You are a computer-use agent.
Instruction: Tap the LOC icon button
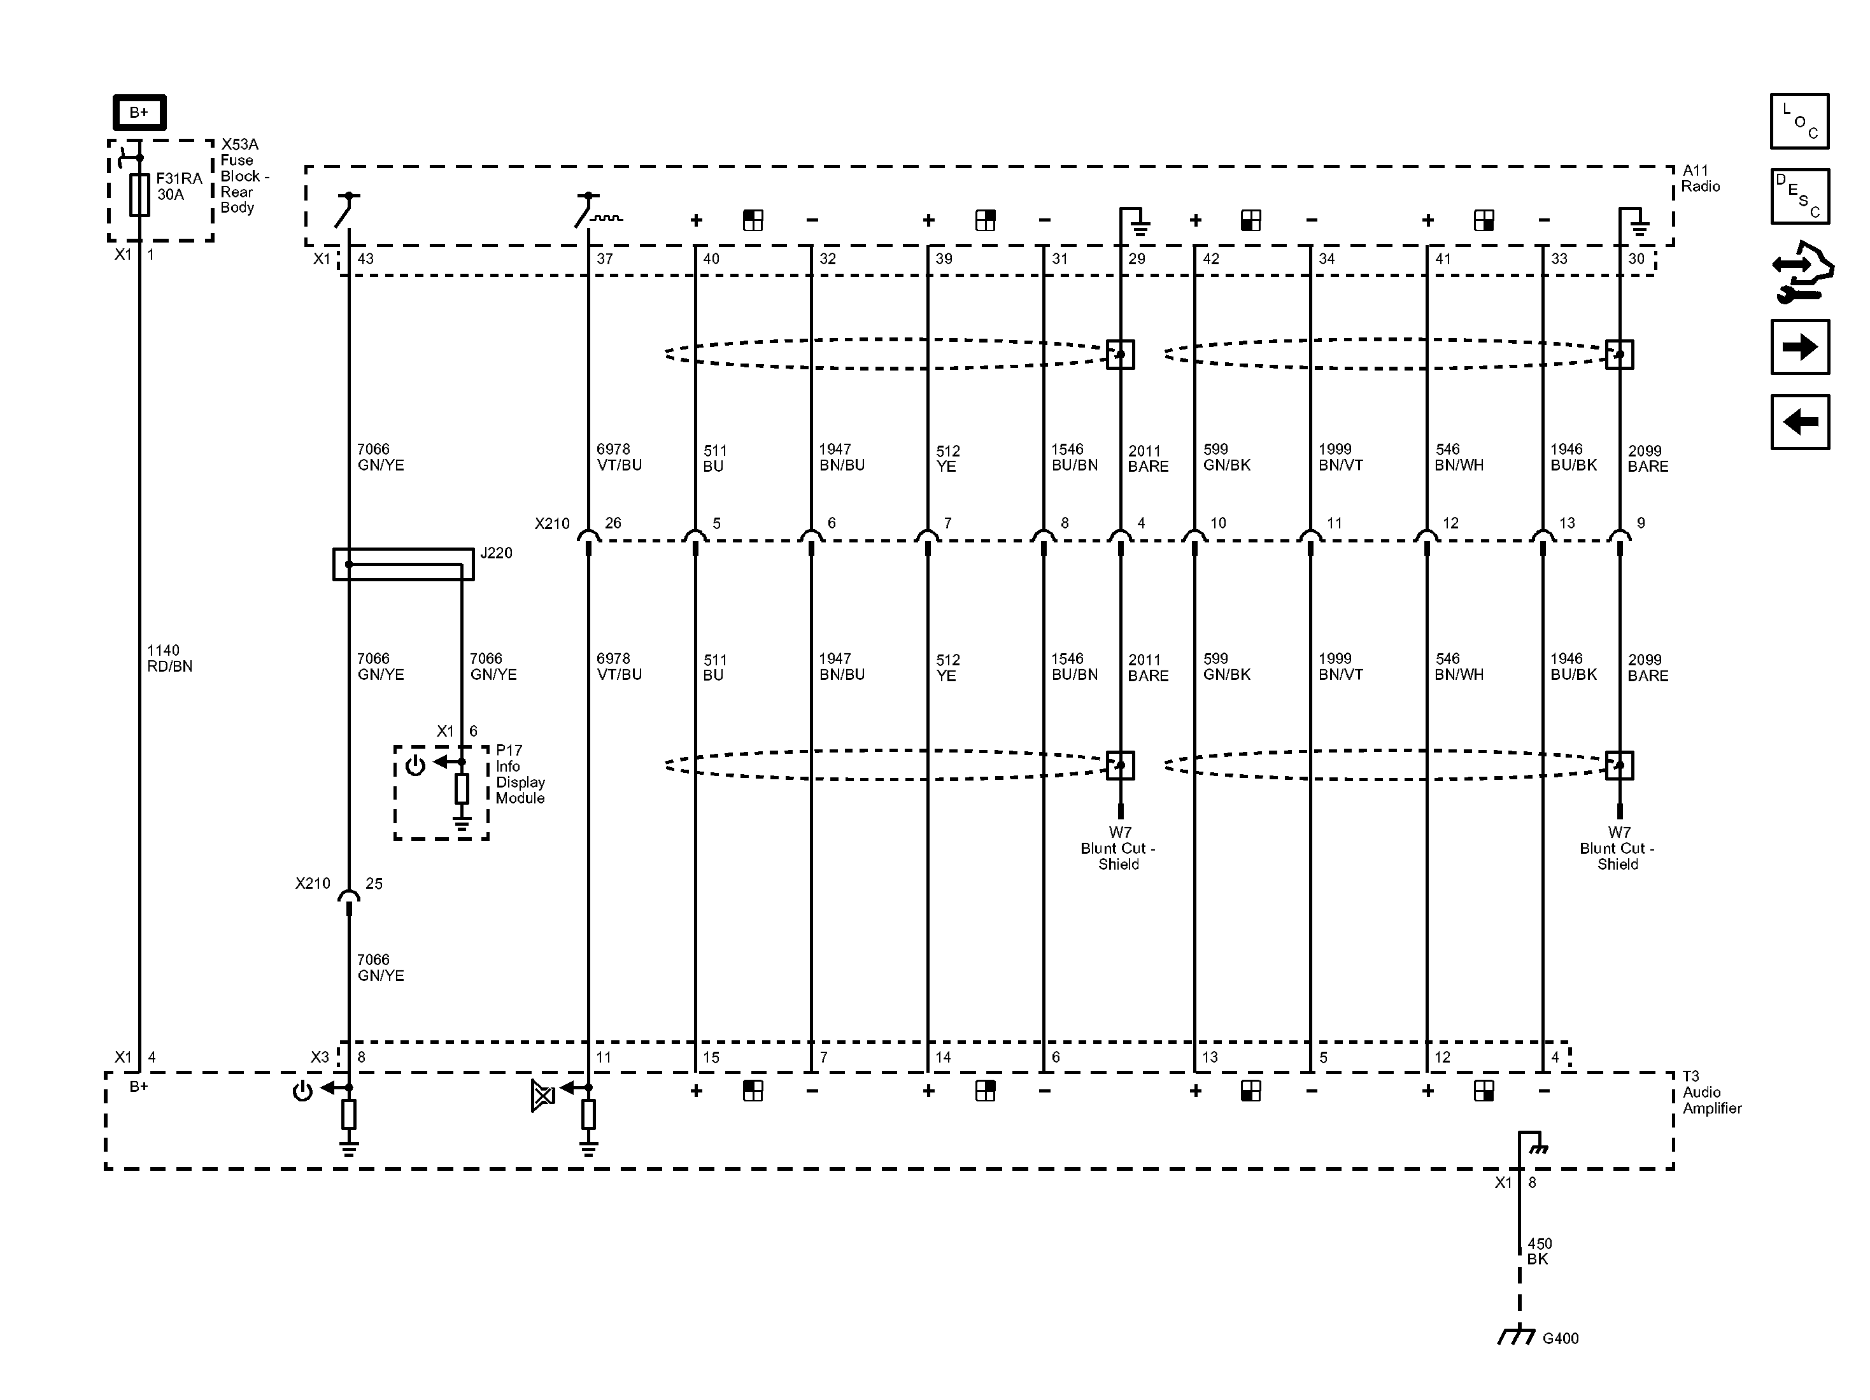[x=1800, y=121]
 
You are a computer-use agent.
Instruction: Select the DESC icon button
[x=1800, y=196]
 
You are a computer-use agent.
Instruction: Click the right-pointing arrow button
[x=1800, y=346]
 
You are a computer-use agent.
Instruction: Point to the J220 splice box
[x=403, y=564]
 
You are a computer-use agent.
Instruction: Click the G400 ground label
[x=1561, y=1338]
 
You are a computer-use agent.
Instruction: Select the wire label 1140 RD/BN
[x=169, y=658]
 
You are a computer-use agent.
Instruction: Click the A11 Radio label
[x=1700, y=178]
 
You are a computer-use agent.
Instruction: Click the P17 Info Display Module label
[x=520, y=774]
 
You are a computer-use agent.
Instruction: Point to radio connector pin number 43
[x=365, y=258]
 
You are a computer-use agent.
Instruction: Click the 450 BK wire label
[x=1540, y=1251]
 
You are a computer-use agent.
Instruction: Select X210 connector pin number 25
[x=374, y=884]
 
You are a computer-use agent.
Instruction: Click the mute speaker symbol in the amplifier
[x=542, y=1096]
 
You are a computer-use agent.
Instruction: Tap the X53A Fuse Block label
[x=244, y=176]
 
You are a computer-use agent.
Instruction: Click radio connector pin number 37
[x=604, y=258]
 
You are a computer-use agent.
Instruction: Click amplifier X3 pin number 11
[x=603, y=1057]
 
